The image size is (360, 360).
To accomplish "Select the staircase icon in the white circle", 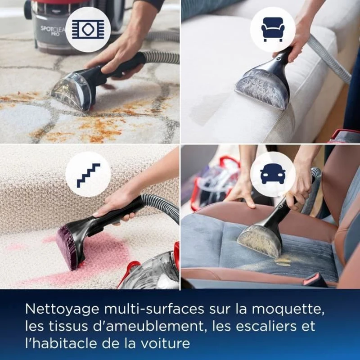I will pyautogui.click(x=88, y=175).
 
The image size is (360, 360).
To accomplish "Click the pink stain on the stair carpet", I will pyautogui.click(x=103, y=254).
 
